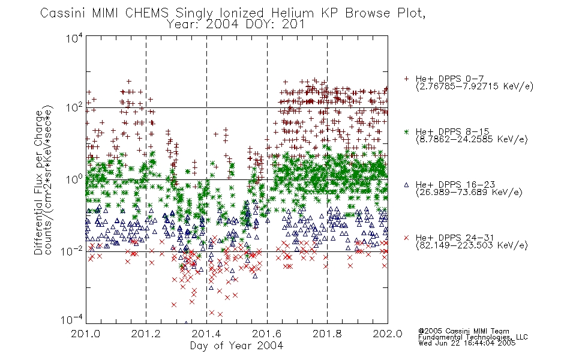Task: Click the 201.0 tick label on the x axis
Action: click(x=86, y=334)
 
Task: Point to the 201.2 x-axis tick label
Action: click(x=146, y=334)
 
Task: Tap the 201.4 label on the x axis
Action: click(x=206, y=334)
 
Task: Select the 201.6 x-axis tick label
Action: click(x=267, y=334)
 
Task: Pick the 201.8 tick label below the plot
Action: click(x=327, y=334)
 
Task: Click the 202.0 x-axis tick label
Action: click(x=388, y=334)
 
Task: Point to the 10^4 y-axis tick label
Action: click(x=74, y=38)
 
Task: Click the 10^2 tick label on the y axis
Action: click(x=74, y=107)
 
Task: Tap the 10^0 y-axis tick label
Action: click(x=74, y=179)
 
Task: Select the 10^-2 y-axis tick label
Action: click(x=72, y=251)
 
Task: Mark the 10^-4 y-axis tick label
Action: click(x=72, y=319)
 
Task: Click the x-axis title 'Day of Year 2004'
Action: click(x=236, y=346)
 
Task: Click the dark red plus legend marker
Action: click(x=406, y=79)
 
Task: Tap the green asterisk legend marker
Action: click(x=406, y=131)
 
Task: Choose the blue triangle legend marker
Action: click(x=406, y=185)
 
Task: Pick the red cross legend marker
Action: click(x=406, y=238)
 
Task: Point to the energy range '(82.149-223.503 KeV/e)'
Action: click(x=472, y=245)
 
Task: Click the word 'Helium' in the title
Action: click(x=292, y=13)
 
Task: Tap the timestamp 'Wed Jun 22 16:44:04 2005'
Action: click(x=467, y=343)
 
